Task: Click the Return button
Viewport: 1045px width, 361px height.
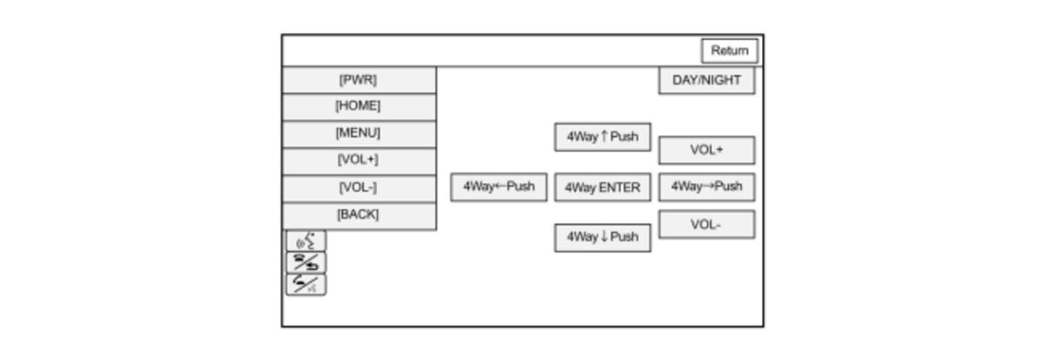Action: pyautogui.click(x=730, y=51)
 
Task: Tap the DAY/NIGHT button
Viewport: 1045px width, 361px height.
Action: pyautogui.click(x=707, y=80)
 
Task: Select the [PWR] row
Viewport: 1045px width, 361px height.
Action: pyautogui.click(x=359, y=80)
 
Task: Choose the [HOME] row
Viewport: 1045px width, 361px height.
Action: pyautogui.click(x=359, y=107)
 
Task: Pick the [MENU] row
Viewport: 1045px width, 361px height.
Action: pyautogui.click(x=359, y=134)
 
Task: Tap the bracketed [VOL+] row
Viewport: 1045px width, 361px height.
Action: pyautogui.click(x=359, y=161)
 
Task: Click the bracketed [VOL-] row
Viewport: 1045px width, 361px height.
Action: pyautogui.click(x=359, y=188)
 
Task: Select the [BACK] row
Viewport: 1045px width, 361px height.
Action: pyautogui.click(x=359, y=215)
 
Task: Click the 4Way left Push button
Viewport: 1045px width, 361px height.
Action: pyautogui.click(x=499, y=187)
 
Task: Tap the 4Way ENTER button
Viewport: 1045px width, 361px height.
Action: pyautogui.click(x=603, y=187)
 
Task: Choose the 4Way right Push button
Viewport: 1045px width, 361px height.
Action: pyautogui.click(x=707, y=187)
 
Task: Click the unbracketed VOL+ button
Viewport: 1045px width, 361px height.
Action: pyautogui.click(x=707, y=150)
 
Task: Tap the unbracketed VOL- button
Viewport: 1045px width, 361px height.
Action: pyautogui.click(x=707, y=225)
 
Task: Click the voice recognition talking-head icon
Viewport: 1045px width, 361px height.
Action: pyautogui.click(x=306, y=241)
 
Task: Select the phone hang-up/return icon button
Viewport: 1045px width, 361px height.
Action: pyautogui.click(x=306, y=262)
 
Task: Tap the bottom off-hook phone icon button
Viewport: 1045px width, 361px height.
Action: pyautogui.click(x=306, y=284)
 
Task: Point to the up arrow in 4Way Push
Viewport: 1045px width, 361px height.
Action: pyautogui.click(x=604, y=136)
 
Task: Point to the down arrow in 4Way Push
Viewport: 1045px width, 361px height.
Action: pyautogui.click(x=604, y=236)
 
